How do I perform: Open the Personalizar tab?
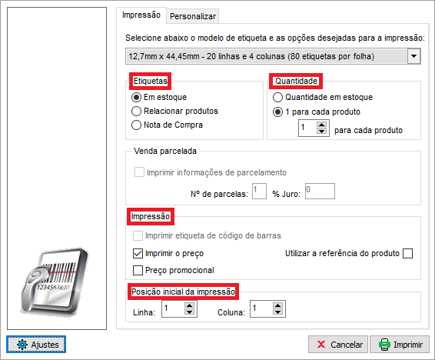pos(193,16)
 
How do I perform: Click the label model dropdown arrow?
pos(413,56)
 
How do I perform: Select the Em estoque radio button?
pos(136,97)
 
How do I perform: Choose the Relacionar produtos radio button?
pos(136,111)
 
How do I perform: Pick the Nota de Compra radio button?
pos(136,125)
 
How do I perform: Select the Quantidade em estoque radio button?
pos(277,97)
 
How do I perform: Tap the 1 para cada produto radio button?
pos(277,112)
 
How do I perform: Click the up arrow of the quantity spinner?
pos(321,125)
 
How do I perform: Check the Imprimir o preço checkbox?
pos(138,253)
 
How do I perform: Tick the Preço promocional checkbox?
pos(138,270)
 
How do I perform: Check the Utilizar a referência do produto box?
pos(408,253)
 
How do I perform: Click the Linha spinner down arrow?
pos(190,312)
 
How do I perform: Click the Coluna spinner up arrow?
pos(277,305)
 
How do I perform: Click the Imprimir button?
pos(400,345)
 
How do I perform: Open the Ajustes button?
pos(36,345)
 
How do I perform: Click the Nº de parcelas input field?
pos(259,191)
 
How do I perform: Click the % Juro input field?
pos(320,191)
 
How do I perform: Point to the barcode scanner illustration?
pos(54,282)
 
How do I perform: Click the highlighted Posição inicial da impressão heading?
pos(183,292)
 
